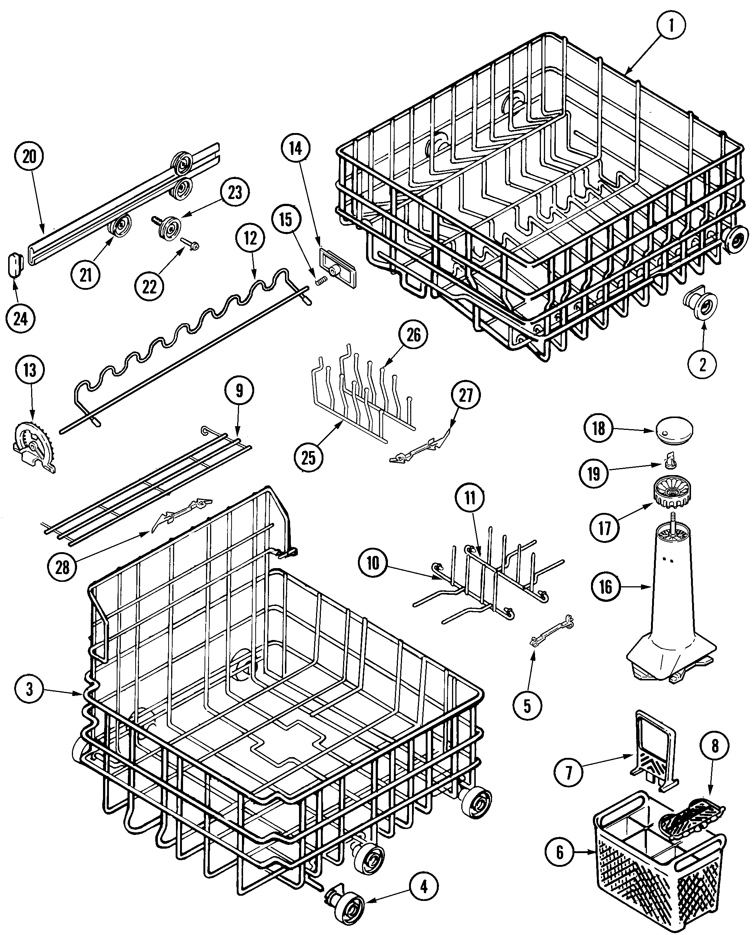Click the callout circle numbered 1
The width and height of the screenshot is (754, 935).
click(x=671, y=26)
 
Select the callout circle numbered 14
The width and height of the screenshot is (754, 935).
click(x=295, y=149)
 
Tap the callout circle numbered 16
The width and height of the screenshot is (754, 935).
click(x=605, y=587)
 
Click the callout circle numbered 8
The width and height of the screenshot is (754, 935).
click(x=715, y=746)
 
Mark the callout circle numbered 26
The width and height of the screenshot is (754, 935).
click(x=413, y=335)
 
